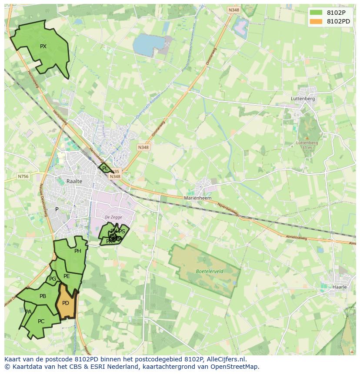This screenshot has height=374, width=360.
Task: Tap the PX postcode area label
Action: (x=43, y=46)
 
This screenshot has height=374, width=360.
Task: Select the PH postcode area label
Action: (x=78, y=251)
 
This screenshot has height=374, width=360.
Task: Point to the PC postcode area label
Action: (x=41, y=321)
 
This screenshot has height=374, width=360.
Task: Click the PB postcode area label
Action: (x=43, y=296)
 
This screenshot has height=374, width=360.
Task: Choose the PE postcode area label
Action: (x=67, y=276)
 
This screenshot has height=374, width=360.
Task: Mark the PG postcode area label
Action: (x=53, y=279)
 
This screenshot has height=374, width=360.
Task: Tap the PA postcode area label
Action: (x=28, y=312)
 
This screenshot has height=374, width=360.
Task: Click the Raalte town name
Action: (x=74, y=181)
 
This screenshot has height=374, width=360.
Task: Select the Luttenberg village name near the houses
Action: (x=303, y=99)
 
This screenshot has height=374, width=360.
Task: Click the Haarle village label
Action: (x=339, y=287)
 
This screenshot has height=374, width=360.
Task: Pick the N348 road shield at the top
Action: (x=233, y=9)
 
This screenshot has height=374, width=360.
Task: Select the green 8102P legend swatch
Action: (x=316, y=13)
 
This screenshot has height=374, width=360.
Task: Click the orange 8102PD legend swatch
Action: (x=316, y=21)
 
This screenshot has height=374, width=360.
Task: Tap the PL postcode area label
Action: (x=105, y=169)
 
